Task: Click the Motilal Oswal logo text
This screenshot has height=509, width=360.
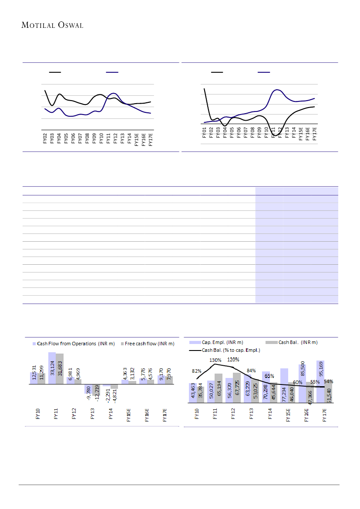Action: tap(52, 25)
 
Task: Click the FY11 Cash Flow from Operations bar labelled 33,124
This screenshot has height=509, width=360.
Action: tap(52, 368)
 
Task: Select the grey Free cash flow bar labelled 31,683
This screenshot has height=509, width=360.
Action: tap(60, 369)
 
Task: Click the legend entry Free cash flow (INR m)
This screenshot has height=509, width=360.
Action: tap(149, 344)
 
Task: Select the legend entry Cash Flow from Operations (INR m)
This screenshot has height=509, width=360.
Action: tap(74, 344)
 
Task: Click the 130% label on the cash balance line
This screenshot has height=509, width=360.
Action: tap(215, 360)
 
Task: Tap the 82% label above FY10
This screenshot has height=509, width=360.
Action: tap(197, 371)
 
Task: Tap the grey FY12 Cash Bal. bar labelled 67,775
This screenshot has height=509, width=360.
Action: tap(237, 388)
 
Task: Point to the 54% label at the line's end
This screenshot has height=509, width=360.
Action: tap(328, 381)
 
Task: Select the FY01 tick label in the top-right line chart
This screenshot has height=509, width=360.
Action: tap(204, 131)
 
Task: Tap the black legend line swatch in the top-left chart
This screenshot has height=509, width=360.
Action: tap(55, 71)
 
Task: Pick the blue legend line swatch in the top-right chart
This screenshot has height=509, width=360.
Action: tap(264, 71)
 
